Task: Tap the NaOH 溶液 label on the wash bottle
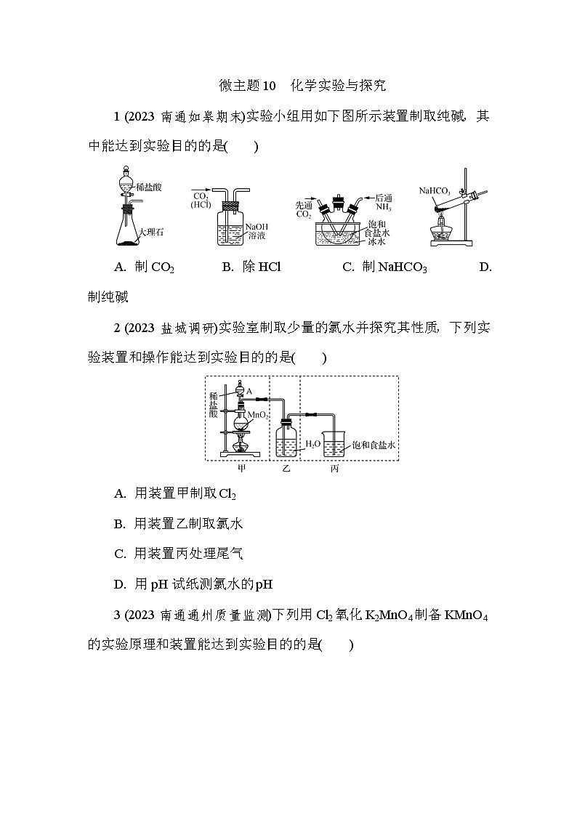tap(256, 231)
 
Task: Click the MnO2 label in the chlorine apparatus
tap(259, 415)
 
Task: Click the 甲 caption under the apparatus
tap(242, 468)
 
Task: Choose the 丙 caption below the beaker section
tap(334, 469)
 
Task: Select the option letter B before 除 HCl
tap(226, 267)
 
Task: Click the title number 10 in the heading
tap(268, 86)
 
